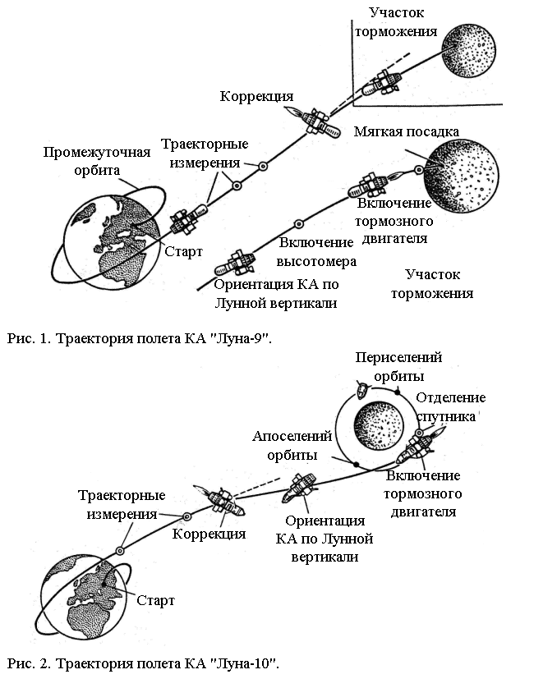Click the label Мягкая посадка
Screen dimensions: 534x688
(x=407, y=131)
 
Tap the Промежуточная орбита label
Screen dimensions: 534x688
(x=97, y=161)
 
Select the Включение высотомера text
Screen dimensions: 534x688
(x=316, y=252)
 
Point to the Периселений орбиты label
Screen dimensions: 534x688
(x=398, y=367)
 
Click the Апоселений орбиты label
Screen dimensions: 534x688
(x=292, y=445)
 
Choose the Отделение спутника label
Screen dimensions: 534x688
(x=450, y=406)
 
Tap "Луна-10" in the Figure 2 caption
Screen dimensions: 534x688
(x=246, y=663)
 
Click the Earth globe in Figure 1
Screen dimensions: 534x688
(x=112, y=242)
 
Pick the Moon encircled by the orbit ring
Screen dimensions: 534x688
(x=378, y=424)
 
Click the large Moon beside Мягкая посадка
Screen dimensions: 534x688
(x=462, y=177)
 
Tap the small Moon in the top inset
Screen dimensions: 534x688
(x=468, y=51)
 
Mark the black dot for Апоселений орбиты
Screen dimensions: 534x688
(x=357, y=464)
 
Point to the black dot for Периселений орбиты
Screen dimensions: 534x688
(x=397, y=391)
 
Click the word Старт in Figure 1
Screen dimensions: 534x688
(x=183, y=251)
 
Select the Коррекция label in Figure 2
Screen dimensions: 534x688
(x=209, y=534)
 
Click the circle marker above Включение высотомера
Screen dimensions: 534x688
(x=298, y=224)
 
